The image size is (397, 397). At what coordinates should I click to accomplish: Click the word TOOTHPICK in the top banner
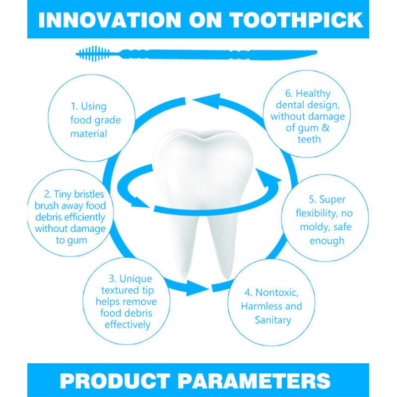coord(297,20)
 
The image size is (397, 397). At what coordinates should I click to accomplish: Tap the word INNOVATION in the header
coord(109,20)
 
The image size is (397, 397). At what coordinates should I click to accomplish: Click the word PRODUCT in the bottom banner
coord(115,381)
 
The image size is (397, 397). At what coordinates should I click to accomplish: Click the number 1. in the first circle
coord(74,106)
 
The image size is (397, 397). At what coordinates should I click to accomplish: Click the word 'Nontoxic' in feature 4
coord(277,293)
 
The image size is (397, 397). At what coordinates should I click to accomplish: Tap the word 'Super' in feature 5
coord(332,200)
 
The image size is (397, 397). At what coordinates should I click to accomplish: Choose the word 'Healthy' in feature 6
coord(313,94)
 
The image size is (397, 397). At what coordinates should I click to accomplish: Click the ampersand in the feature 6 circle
coord(326,128)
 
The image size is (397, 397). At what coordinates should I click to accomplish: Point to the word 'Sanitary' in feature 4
coord(273,320)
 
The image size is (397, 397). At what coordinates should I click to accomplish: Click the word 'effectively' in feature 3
coord(128,325)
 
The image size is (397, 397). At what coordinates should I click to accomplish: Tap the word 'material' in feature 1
coord(89,133)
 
